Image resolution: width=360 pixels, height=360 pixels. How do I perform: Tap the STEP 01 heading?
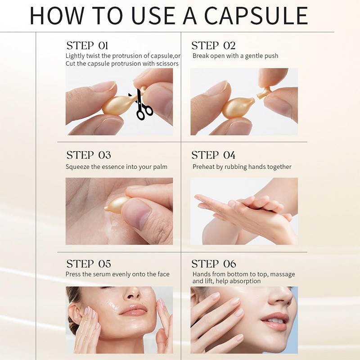click(87, 45)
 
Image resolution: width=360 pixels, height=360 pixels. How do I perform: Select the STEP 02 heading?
click(213, 45)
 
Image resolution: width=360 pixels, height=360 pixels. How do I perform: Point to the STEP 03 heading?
click(88, 155)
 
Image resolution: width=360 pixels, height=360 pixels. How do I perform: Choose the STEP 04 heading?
click(213, 155)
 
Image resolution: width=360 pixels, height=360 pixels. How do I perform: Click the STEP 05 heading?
click(88, 264)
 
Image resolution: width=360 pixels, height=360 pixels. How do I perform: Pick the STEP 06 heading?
click(214, 264)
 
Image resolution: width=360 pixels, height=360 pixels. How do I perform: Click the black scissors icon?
click(143, 107)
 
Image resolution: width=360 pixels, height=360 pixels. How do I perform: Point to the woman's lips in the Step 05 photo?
click(134, 310)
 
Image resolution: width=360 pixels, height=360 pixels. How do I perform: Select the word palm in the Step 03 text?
click(159, 167)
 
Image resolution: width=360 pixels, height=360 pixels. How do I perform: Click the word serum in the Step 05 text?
click(101, 274)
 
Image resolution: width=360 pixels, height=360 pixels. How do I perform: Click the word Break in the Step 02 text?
click(201, 56)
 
